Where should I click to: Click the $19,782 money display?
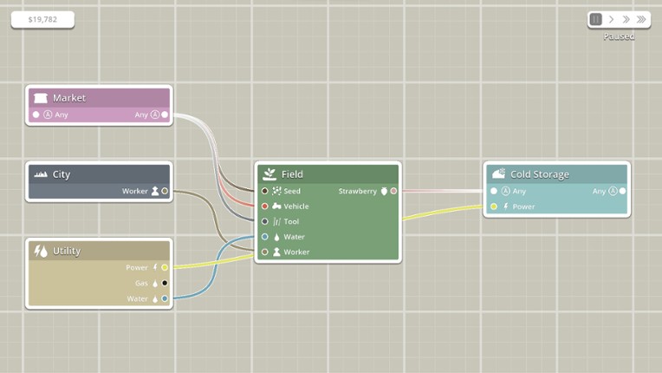click(42, 19)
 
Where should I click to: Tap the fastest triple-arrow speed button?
click(641, 19)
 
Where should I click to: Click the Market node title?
click(69, 98)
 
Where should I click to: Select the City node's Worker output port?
click(165, 191)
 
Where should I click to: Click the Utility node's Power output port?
click(165, 267)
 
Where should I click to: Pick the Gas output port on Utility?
click(165, 283)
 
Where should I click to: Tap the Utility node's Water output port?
click(165, 298)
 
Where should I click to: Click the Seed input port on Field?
click(265, 191)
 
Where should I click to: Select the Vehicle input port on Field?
click(265, 206)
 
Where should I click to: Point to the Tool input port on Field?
click(265, 221)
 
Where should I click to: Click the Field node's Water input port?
click(265, 237)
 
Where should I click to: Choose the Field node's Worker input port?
click(265, 252)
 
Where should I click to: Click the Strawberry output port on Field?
click(393, 191)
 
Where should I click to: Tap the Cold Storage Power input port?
click(494, 206)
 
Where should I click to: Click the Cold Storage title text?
click(539, 174)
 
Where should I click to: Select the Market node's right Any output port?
click(165, 115)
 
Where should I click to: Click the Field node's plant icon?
click(269, 174)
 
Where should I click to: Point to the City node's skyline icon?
click(40, 174)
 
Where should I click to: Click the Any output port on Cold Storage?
click(622, 191)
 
